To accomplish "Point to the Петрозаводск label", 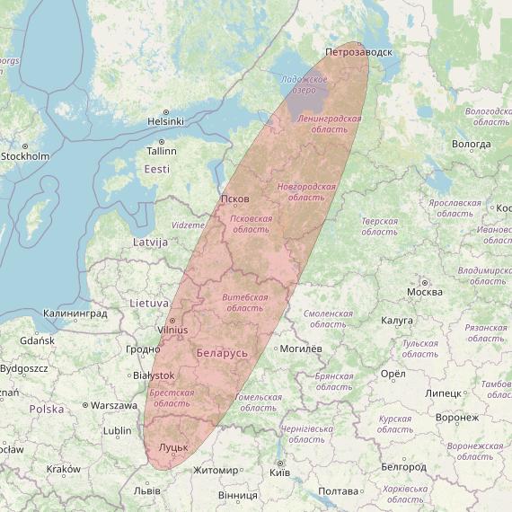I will [x=358, y=52].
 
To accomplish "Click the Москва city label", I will [x=424, y=291].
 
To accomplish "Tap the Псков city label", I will [x=234, y=199].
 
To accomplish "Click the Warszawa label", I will [x=113, y=405].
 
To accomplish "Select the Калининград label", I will [x=75, y=313].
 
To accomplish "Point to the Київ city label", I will [x=279, y=472].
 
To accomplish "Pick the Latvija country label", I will [x=150, y=243].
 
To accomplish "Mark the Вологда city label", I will [x=472, y=144].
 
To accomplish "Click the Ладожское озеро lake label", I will [x=297, y=85].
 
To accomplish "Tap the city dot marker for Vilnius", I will [x=172, y=319].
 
